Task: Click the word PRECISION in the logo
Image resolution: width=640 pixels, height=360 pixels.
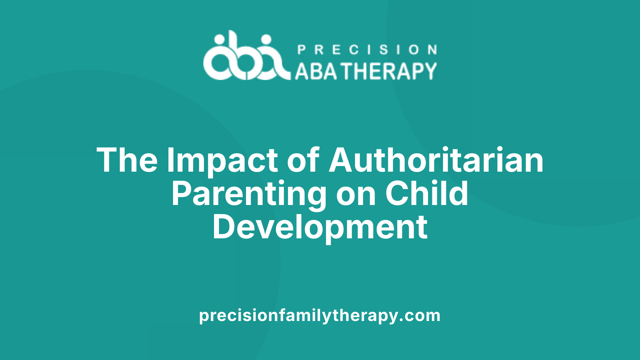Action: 367,50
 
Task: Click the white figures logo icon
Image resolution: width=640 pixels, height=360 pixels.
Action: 247,55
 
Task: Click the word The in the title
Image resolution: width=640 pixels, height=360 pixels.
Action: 127,160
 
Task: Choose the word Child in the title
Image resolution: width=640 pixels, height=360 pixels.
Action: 427,193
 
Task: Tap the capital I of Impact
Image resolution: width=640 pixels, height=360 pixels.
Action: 170,160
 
